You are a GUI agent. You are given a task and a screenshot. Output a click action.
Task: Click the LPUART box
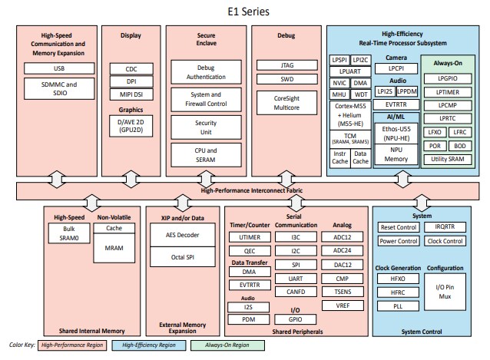[349, 71]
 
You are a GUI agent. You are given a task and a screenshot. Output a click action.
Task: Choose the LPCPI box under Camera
[396, 68]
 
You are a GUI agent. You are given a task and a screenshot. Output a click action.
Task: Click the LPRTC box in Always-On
[447, 117]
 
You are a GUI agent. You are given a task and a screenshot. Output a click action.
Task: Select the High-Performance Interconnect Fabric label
[245, 190]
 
